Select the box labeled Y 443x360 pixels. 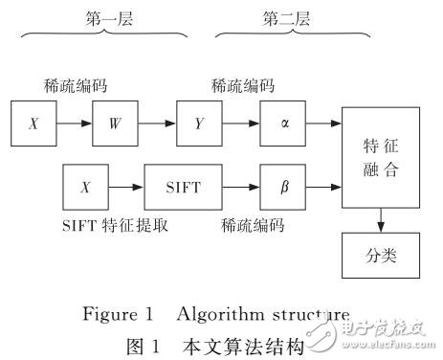(199, 124)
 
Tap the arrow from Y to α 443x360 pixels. (239, 124)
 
